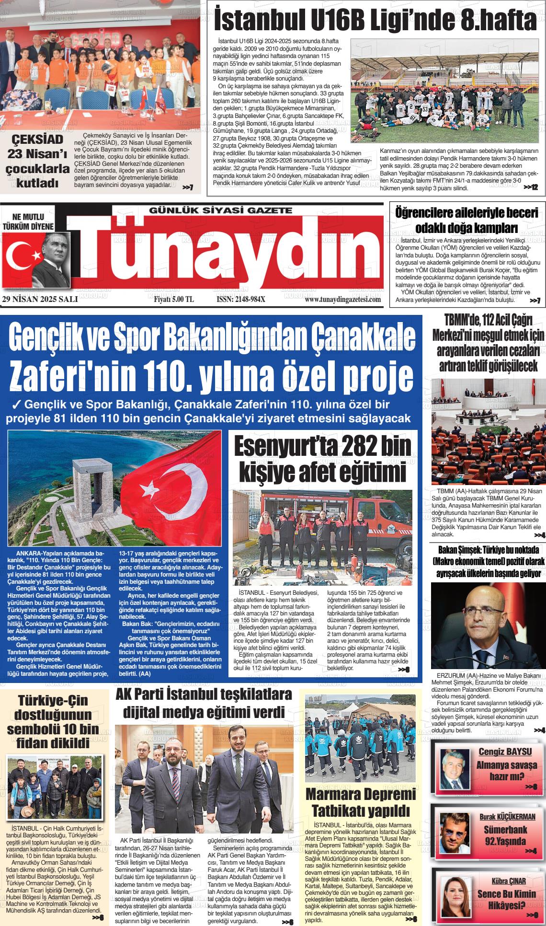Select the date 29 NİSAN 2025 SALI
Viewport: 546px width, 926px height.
click(x=36, y=300)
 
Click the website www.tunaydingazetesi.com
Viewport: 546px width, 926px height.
click(x=342, y=300)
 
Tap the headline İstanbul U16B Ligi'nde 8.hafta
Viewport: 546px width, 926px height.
click(x=375, y=20)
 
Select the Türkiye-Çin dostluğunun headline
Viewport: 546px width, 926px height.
click(x=53, y=721)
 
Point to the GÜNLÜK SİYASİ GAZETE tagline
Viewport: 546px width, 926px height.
click(x=220, y=210)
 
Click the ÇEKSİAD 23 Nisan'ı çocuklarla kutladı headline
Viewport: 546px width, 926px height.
click(x=37, y=161)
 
